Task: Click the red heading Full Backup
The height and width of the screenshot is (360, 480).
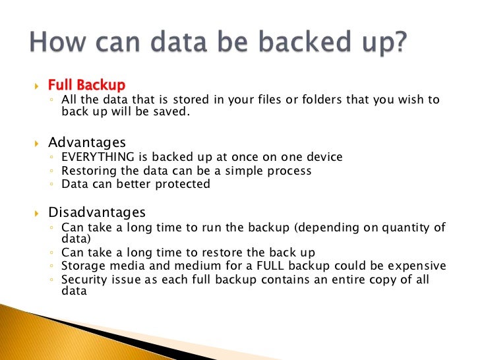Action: tap(86, 85)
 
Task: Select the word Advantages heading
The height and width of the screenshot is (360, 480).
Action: tap(87, 142)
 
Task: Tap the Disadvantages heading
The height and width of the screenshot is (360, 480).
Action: tap(98, 213)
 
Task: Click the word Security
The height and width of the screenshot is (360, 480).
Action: tap(84, 280)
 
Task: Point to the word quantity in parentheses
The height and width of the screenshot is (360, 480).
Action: tap(407, 228)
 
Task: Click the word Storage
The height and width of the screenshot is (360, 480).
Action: tap(83, 266)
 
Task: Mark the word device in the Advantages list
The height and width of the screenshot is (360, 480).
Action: tap(324, 157)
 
